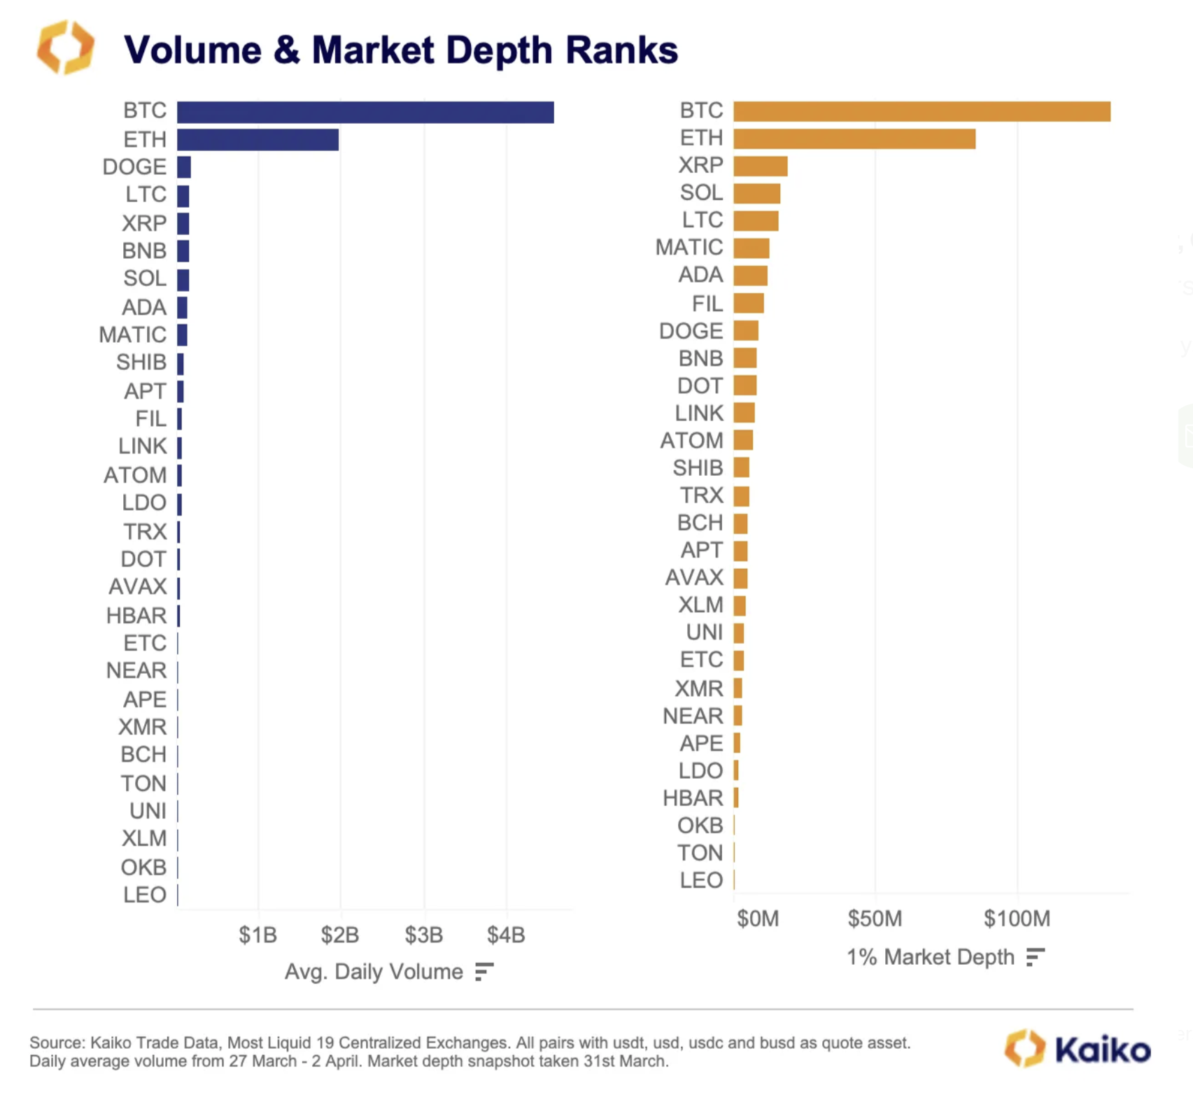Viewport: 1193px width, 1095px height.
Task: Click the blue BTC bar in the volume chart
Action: (x=365, y=112)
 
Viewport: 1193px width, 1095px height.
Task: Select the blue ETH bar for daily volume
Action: (x=257, y=139)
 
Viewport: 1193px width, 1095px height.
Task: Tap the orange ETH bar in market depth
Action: (x=854, y=139)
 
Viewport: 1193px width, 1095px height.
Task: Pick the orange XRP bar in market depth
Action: (x=760, y=166)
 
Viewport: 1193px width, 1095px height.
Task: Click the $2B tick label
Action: (x=340, y=935)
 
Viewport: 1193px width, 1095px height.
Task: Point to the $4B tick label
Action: (x=506, y=935)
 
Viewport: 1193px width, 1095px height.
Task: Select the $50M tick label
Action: (x=875, y=918)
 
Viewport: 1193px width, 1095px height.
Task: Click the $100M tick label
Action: (x=1017, y=918)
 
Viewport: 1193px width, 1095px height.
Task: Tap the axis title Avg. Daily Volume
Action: (x=374, y=972)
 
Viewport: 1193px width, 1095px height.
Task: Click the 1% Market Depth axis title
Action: (x=930, y=956)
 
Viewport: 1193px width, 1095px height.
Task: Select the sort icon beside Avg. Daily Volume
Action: (x=484, y=972)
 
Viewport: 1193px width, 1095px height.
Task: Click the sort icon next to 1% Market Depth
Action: (x=1036, y=956)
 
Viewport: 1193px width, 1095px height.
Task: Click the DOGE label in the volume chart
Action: (x=134, y=167)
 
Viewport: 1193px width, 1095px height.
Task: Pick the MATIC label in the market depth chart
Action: (x=689, y=247)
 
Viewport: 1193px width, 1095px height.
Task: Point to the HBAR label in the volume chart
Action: (x=136, y=616)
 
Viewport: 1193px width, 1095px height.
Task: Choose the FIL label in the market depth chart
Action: (x=707, y=304)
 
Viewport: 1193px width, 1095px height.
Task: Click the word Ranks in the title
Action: (x=621, y=50)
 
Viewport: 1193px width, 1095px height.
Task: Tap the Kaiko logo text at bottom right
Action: (x=1102, y=1050)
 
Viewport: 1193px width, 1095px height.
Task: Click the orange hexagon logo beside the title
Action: (x=65, y=48)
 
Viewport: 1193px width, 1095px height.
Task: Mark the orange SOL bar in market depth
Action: (x=756, y=193)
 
